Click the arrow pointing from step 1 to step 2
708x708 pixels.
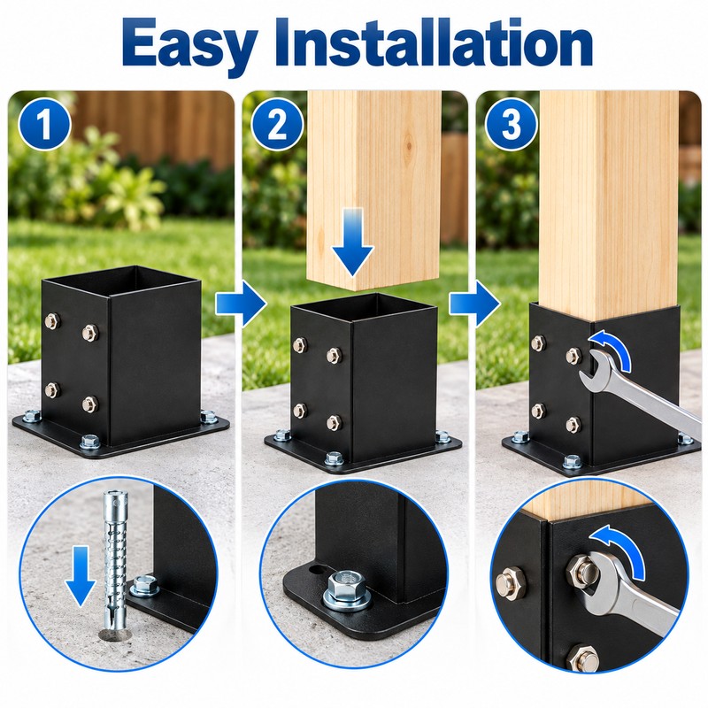click(x=241, y=304)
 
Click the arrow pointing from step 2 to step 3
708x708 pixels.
click(x=474, y=304)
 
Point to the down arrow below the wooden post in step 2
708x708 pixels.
click(x=352, y=242)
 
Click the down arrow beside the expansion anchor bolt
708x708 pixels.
click(x=80, y=576)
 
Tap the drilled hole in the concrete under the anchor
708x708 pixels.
click(x=114, y=635)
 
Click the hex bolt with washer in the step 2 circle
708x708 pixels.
click(x=347, y=590)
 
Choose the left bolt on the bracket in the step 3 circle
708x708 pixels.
click(x=510, y=581)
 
